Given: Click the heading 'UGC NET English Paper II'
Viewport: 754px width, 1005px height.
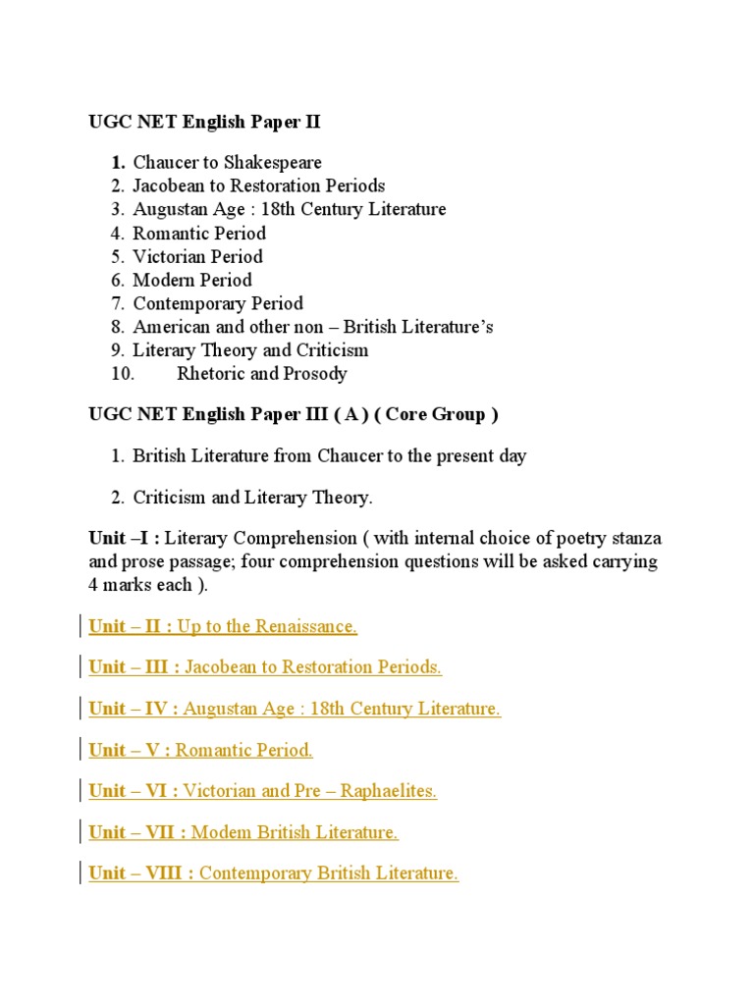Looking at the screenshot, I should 205,123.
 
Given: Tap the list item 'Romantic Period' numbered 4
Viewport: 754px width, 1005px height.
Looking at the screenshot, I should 199,234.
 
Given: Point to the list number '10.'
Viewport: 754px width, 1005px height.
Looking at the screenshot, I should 122,375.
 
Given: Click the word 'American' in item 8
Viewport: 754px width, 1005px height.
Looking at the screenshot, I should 169,328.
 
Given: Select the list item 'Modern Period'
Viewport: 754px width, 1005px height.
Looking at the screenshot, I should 192,281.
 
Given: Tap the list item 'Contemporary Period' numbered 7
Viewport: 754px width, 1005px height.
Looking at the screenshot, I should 218,304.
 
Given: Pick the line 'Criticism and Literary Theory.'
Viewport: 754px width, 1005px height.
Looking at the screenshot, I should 252,499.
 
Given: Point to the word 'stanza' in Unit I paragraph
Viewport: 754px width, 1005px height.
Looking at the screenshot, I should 634,540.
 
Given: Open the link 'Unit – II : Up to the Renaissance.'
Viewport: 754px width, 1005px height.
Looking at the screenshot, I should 223,627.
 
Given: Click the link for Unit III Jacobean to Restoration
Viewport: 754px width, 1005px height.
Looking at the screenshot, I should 265,668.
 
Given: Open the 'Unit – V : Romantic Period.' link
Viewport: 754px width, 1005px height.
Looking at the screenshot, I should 200,751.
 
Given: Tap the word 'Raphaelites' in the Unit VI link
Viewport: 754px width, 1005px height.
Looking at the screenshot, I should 388,792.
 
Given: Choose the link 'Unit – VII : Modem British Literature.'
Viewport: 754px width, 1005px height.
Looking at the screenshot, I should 243,833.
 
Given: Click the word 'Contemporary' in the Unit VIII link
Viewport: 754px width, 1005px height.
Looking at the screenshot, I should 255,874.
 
